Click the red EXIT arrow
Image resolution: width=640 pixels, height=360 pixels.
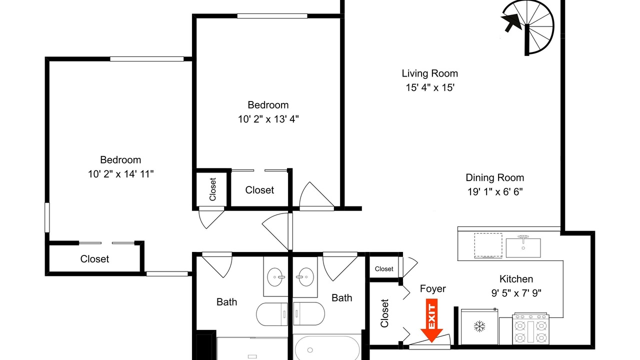[x=431, y=320]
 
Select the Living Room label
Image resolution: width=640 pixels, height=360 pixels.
[x=429, y=73]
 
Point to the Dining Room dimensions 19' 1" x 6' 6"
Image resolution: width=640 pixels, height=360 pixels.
[x=495, y=191]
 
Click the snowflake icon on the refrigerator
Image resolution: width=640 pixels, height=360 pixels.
[x=479, y=326]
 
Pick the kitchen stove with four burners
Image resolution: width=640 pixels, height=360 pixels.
[x=530, y=328]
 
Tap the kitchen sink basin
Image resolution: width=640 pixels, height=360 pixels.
[x=523, y=247]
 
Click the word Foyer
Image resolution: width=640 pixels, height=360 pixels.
[x=432, y=288]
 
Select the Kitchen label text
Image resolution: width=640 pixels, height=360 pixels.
[x=516, y=279]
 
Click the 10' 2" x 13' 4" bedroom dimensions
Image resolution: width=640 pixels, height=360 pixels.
[x=268, y=119]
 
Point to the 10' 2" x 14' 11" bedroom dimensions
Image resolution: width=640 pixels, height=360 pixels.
[x=120, y=173]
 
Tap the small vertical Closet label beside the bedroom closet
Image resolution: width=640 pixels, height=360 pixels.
[x=212, y=189]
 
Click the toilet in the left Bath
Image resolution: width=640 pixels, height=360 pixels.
[x=271, y=314]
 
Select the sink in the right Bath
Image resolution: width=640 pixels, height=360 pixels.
[x=305, y=277]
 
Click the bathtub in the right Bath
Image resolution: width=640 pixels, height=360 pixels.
[x=327, y=347]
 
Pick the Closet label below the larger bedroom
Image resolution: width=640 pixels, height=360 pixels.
[x=94, y=259]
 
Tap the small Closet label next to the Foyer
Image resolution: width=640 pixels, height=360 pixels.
[x=384, y=269]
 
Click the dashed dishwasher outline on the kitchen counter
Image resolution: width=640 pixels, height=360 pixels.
[x=488, y=245]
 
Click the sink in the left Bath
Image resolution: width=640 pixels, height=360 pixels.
[x=276, y=277]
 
